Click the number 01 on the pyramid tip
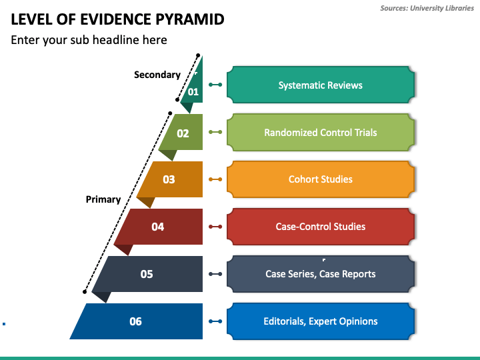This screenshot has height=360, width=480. tap(193, 91)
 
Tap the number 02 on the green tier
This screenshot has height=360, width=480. tap(183, 133)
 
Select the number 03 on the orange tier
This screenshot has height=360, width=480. tap(169, 179)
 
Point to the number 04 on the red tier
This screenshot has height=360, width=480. tap(157, 227)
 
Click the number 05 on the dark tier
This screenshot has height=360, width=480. tap(147, 274)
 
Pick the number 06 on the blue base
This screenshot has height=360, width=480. tap(135, 321)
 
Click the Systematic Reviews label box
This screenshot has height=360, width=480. tap(321, 85)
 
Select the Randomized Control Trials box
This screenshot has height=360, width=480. tap(321, 132)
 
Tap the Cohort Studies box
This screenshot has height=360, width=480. tap(321, 179)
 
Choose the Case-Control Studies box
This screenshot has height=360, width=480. tap(321, 227)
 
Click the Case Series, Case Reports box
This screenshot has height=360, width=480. tap(321, 274)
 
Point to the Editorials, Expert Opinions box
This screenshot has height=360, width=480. tap(321, 321)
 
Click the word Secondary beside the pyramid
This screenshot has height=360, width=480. tap(157, 75)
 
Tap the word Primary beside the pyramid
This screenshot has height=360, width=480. tap(103, 199)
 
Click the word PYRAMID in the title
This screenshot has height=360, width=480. tap(190, 19)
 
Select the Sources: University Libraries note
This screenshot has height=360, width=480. tap(427, 8)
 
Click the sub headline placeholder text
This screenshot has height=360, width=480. tap(89, 40)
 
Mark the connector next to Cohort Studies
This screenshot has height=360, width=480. tap(215, 179)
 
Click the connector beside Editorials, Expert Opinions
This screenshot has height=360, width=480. tap(215, 321)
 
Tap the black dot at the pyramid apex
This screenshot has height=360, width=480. tap(198, 55)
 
